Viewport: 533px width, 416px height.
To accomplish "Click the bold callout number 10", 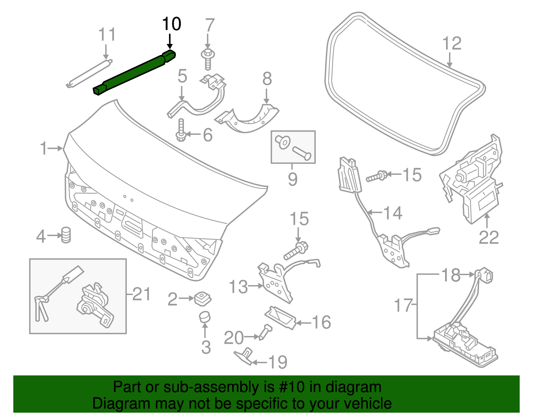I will click(x=172, y=24).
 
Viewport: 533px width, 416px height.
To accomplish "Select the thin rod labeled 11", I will click(x=89, y=73).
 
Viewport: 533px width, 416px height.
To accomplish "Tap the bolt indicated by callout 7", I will click(x=208, y=59).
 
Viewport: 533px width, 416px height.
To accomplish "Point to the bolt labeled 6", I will click(x=181, y=131).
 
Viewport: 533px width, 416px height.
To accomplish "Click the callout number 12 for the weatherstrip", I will click(x=452, y=44).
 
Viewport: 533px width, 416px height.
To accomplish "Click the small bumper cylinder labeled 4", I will click(x=66, y=235).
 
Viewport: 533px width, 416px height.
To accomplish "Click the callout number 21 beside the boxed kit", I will click(x=142, y=294).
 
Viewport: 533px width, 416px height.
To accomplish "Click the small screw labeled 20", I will click(x=265, y=332).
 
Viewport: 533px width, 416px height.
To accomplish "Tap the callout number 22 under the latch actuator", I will click(x=489, y=237).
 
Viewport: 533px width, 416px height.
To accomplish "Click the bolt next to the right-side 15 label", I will click(x=377, y=176).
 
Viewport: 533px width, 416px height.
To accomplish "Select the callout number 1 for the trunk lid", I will click(x=43, y=148).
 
